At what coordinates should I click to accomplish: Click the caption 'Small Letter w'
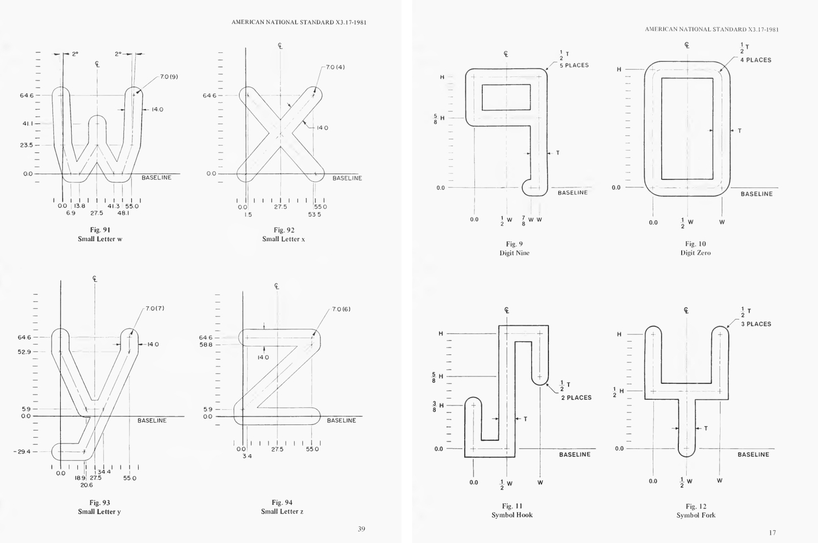click(100, 239)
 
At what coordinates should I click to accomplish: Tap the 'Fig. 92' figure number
click(283, 230)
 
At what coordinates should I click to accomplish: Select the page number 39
click(361, 529)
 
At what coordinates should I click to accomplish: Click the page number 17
click(772, 532)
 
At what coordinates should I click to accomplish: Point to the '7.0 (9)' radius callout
click(169, 77)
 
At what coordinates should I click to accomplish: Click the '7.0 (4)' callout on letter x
click(335, 67)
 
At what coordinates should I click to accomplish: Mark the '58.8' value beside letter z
click(206, 345)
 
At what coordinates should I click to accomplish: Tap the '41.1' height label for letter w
click(28, 123)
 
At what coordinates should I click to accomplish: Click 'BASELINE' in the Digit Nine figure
click(573, 193)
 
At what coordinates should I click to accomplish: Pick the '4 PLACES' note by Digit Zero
click(756, 60)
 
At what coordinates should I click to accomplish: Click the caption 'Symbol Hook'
click(512, 515)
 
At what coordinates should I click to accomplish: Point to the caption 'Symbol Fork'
click(696, 515)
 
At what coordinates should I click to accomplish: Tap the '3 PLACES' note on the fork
click(756, 324)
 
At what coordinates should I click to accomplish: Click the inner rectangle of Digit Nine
click(506, 97)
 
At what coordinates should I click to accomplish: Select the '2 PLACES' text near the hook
click(576, 398)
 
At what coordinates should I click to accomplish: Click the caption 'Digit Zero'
click(695, 253)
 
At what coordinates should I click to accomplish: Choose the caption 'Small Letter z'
click(282, 512)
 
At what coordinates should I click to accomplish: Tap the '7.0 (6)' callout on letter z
click(341, 310)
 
